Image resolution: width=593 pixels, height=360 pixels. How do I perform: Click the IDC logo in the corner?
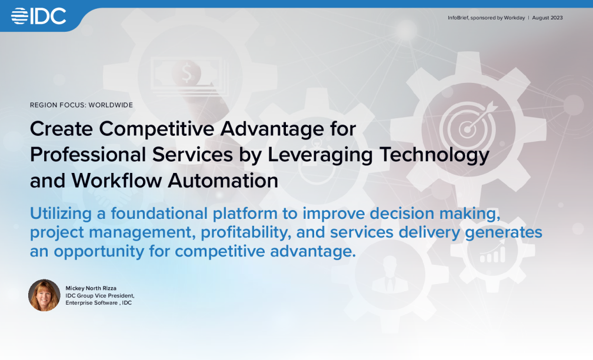click(39, 16)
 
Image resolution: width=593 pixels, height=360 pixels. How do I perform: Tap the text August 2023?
click(547, 18)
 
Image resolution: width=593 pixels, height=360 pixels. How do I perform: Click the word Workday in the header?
click(514, 18)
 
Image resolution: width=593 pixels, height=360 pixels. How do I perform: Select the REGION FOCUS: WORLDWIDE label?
click(81, 105)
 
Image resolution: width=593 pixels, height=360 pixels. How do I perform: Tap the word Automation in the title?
click(223, 181)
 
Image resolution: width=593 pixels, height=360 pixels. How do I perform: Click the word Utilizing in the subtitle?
click(61, 214)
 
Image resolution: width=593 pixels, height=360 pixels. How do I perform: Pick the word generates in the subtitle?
click(504, 233)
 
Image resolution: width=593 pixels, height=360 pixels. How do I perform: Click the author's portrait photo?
click(44, 295)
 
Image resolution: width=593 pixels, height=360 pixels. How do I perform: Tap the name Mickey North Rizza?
click(91, 288)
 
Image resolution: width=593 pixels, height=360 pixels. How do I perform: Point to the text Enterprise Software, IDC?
click(99, 303)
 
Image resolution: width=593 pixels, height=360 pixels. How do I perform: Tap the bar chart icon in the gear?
click(492, 252)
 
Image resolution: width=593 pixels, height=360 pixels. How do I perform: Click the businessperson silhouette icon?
click(390, 275)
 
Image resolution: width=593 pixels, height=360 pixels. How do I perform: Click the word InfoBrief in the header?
click(458, 18)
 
